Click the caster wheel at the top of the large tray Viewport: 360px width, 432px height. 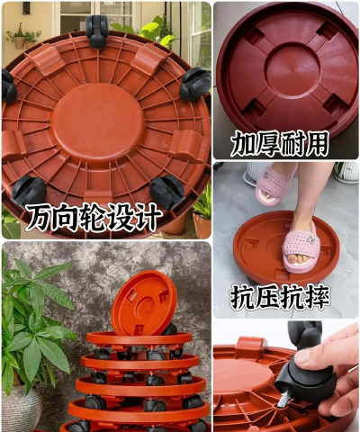[x=97, y=31]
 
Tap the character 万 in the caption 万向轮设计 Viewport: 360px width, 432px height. [x=40, y=216]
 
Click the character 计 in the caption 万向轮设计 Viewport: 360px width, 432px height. [x=148, y=216]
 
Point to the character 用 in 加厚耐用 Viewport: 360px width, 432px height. [x=316, y=143]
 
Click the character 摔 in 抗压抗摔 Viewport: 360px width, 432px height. [x=317, y=297]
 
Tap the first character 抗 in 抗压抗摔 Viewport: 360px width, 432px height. [x=242, y=297]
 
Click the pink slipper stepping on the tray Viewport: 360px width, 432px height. [x=301, y=247]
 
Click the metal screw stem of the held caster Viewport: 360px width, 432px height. [x=283, y=399]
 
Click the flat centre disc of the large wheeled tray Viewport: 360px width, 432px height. [x=98, y=122]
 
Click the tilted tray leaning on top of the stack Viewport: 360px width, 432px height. [x=144, y=303]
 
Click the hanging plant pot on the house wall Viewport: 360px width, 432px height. [x=20, y=42]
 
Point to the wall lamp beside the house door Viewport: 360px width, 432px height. [x=26, y=8]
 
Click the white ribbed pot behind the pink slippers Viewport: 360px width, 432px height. [x=347, y=173]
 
